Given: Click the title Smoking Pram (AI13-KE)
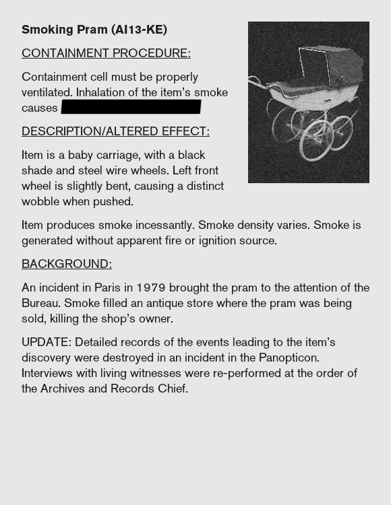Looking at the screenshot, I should (94, 30).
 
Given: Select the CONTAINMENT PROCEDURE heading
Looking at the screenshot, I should (106, 53).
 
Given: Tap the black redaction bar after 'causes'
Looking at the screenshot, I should (131, 107).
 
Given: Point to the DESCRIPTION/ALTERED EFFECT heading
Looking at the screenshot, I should (115, 131).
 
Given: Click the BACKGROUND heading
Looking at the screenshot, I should (67, 264).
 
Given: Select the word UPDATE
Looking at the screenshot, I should (45, 342).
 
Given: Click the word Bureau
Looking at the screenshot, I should (40, 303).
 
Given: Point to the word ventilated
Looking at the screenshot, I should (46, 92).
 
